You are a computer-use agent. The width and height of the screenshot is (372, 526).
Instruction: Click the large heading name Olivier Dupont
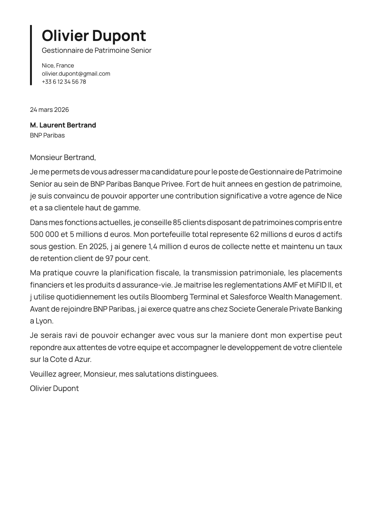[x=94, y=36]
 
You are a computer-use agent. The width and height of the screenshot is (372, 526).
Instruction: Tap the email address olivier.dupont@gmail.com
[x=76, y=74]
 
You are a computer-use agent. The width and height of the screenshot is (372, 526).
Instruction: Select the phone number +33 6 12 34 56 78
[x=64, y=82]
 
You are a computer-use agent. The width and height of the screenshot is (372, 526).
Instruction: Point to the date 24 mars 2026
[x=49, y=110]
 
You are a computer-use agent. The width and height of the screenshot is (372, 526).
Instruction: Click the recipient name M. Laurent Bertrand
[x=63, y=125]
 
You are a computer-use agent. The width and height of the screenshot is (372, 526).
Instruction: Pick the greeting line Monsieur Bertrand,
[x=63, y=158]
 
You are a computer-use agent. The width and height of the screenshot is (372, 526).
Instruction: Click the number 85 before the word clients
[x=177, y=223]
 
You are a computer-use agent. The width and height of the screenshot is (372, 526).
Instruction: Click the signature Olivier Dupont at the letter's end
[x=54, y=388]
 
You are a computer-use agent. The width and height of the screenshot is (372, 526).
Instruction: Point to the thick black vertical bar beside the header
[x=31, y=55]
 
